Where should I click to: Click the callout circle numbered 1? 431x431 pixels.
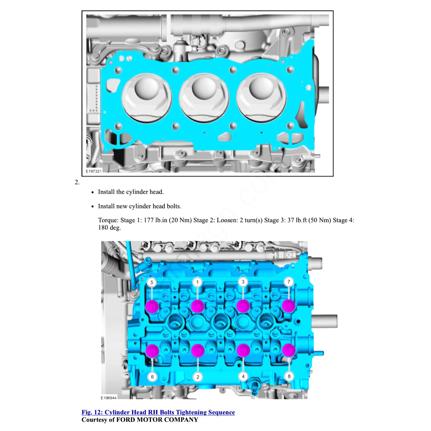pyautogui.click(x=197, y=282)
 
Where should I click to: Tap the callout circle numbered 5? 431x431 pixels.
pyautogui.click(x=152, y=282)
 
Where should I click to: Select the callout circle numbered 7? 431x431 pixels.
pyautogui.click(x=288, y=282)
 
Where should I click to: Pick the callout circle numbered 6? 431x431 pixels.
pyautogui.click(x=152, y=377)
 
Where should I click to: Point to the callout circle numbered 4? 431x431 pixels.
pyautogui.click(x=243, y=376)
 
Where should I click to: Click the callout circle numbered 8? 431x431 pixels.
pyautogui.click(x=289, y=376)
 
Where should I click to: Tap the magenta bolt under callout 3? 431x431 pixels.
pyautogui.click(x=243, y=306)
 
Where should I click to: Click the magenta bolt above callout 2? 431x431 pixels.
pyautogui.click(x=198, y=350)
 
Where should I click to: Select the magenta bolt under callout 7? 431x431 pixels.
pyautogui.click(x=288, y=305)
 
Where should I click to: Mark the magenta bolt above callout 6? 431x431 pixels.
pyautogui.click(x=152, y=351)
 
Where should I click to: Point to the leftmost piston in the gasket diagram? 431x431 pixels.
pyautogui.click(x=147, y=98)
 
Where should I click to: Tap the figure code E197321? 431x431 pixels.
pyautogui.click(x=94, y=171)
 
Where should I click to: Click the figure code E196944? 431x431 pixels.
pyautogui.click(x=109, y=398)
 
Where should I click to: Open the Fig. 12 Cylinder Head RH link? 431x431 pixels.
pyautogui.click(x=158, y=412)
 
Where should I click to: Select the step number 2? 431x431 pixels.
pyautogui.click(x=77, y=182)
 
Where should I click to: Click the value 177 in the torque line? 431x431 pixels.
pyautogui.click(x=149, y=220)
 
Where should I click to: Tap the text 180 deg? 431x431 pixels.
pyautogui.click(x=109, y=227)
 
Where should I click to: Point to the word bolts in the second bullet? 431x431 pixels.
pyautogui.click(x=173, y=206)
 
